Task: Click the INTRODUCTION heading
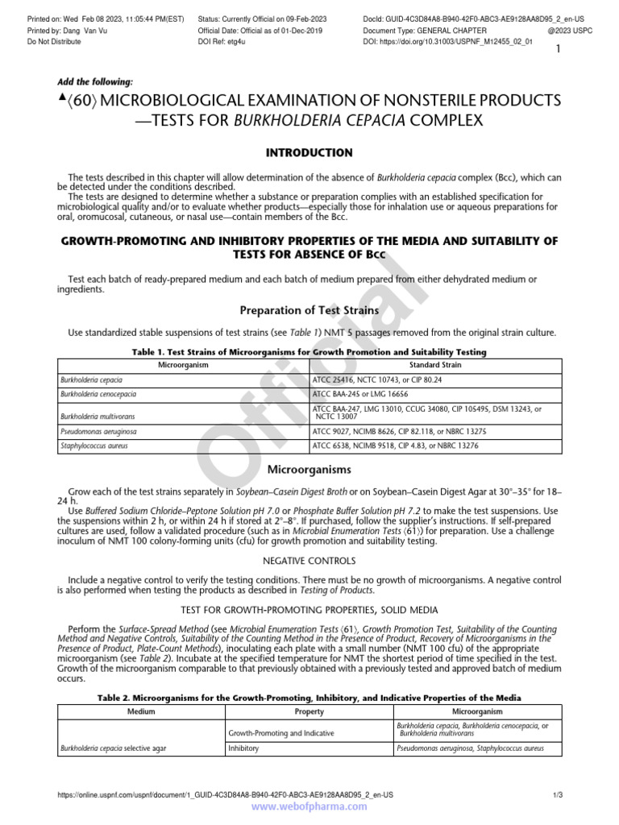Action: pos(309,152)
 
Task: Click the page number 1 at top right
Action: pos(556,50)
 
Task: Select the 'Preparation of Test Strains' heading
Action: pos(309,310)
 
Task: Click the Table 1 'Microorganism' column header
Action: pos(183,365)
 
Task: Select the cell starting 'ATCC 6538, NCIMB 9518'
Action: pos(393,445)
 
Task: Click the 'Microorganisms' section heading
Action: pos(309,469)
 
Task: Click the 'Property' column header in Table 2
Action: pos(309,712)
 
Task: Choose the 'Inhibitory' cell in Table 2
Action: pos(247,748)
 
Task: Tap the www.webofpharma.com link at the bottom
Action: pos(309,808)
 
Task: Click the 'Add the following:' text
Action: pos(96,82)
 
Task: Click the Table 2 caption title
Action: pos(309,697)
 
